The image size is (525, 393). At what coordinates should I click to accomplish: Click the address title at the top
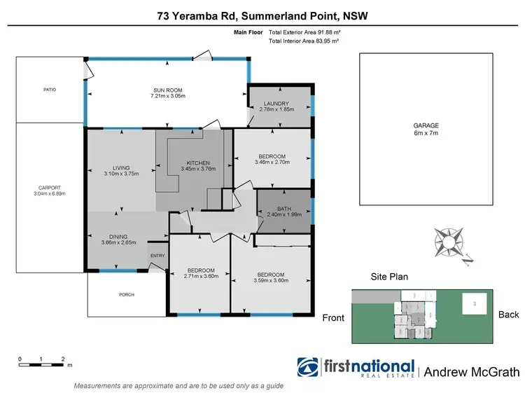[x=262, y=16]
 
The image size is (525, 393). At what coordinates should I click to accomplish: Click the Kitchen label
[x=198, y=163]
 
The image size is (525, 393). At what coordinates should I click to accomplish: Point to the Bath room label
[x=283, y=209]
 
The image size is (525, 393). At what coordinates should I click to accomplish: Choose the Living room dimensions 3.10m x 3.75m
[x=121, y=173]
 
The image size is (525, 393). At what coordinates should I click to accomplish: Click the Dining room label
[x=118, y=236]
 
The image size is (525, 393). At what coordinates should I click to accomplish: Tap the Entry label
[x=157, y=255]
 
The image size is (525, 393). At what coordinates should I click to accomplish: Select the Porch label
[x=126, y=294]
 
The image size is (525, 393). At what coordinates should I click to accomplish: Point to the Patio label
[x=49, y=90]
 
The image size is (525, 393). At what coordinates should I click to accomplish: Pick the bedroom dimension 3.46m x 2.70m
[x=272, y=163]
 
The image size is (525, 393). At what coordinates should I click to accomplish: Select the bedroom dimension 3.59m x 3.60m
[x=270, y=279]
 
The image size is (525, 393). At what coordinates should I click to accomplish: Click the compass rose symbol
[x=449, y=242]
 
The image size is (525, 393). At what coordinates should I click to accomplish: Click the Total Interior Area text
[x=304, y=41]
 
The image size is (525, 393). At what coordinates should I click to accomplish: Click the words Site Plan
[x=389, y=277]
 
